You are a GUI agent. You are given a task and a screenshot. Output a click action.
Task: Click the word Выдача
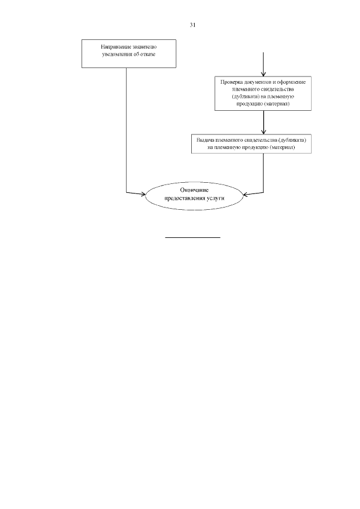tap(202, 139)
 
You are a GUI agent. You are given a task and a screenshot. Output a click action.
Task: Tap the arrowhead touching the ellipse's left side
tap(142, 194)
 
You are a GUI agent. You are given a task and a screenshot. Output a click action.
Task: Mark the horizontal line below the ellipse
tap(192, 237)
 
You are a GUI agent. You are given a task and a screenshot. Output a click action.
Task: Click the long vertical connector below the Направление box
tap(127, 129)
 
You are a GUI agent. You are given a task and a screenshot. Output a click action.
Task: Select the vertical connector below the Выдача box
tap(264, 172)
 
